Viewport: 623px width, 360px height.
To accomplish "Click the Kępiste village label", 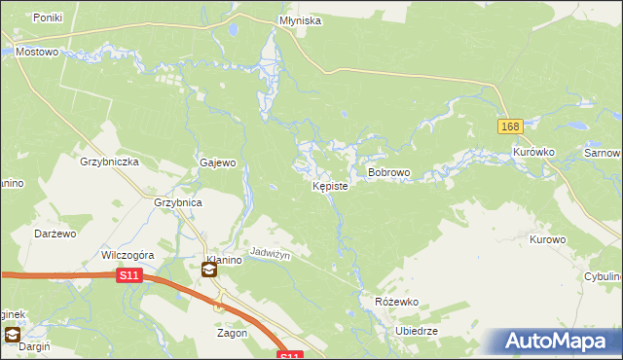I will [x=329, y=186].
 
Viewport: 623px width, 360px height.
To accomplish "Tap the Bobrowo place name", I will [x=388, y=172].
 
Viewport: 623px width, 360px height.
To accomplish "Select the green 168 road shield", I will [x=510, y=126].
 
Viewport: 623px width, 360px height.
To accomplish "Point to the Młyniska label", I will [x=298, y=19].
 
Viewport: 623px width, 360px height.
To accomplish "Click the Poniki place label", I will [x=48, y=18].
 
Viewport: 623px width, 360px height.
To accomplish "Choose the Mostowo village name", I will [x=37, y=52].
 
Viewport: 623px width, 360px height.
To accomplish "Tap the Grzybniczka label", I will [x=110, y=162].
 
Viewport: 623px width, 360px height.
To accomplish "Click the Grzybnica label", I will [x=177, y=203].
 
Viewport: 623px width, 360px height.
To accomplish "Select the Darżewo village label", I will [x=55, y=234].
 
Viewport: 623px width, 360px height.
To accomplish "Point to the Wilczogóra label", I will [x=123, y=255].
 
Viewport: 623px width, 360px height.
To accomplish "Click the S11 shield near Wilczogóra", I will [x=129, y=276].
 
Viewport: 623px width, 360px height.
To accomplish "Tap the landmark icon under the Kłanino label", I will [x=209, y=270].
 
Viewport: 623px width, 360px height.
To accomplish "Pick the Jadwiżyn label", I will [x=272, y=251].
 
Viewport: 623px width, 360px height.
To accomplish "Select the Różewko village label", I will [x=396, y=302].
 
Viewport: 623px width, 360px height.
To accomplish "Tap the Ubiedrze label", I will [x=417, y=331].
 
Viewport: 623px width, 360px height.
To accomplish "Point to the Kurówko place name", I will [x=533, y=153].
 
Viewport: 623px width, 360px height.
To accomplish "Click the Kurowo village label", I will [x=547, y=238].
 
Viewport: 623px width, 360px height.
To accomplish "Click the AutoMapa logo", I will [x=556, y=341].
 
